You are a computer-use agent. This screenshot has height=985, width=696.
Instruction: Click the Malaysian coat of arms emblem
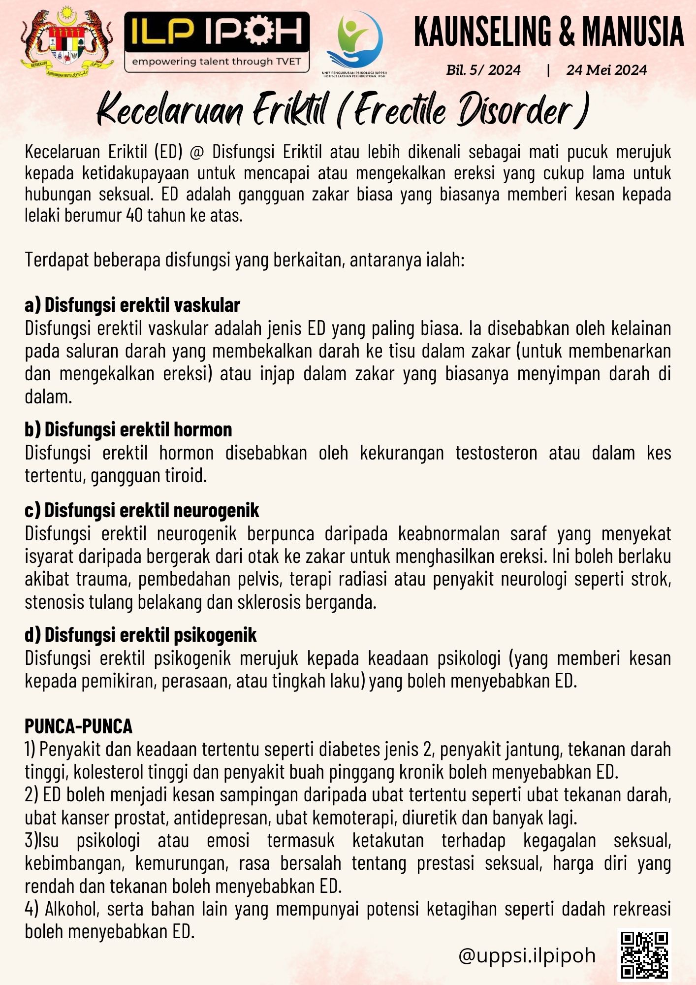(67, 42)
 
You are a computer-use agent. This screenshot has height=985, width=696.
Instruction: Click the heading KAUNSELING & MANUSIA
(548, 32)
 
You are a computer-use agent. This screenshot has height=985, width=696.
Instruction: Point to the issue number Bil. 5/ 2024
(483, 70)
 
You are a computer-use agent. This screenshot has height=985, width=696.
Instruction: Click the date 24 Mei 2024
(606, 70)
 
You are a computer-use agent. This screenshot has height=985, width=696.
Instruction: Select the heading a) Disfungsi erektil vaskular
(132, 305)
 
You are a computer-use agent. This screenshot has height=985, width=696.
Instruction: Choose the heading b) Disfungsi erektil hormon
(128, 429)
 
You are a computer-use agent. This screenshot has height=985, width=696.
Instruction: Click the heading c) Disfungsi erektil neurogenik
(142, 510)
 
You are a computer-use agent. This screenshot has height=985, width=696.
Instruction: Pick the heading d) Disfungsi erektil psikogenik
(141, 635)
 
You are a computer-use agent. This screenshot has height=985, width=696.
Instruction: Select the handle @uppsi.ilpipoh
(527, 955)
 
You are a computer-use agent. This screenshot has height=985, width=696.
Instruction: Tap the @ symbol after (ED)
(196, 152)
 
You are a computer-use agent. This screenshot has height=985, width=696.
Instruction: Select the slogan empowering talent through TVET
(217, 62)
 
